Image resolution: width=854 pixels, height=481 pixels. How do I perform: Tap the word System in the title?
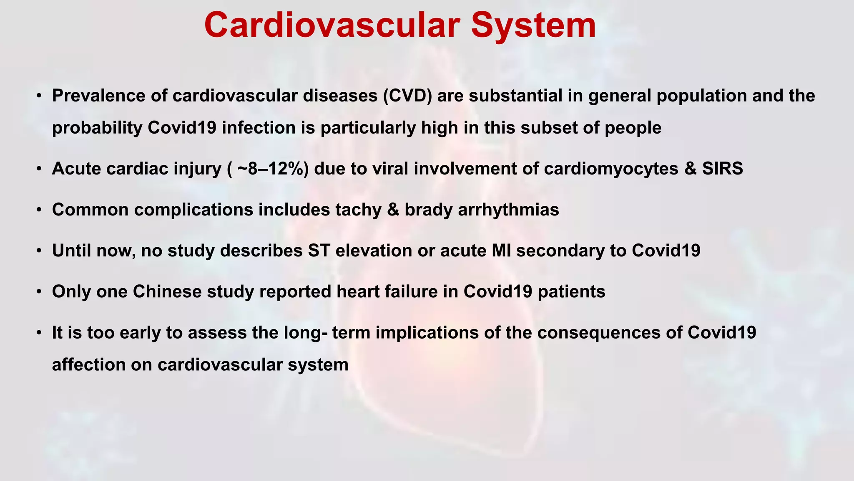pyautogui.click(x=533, y=26)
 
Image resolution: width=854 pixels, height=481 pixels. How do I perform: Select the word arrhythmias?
pyautogui.click(x=508, y=210)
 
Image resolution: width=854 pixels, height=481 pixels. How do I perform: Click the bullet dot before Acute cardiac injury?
pyautogui.click(x=39, y=169)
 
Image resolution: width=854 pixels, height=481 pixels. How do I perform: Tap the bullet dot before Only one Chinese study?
pyautogui.click(x=39, y=292)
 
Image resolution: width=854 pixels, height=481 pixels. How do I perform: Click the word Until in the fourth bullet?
pyautogui.click(x=72, y=251)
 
